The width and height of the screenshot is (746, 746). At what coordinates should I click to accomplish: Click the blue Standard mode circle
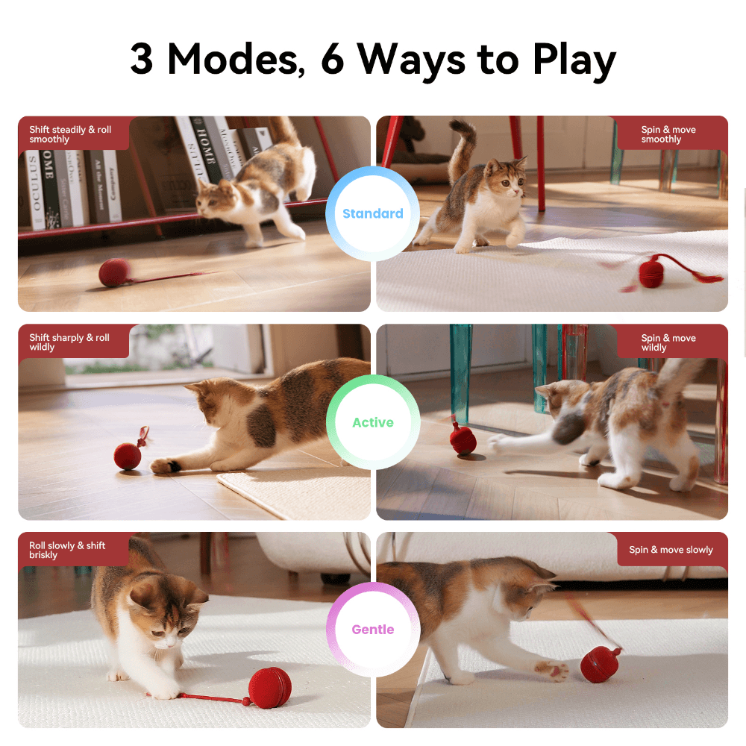(372, 213)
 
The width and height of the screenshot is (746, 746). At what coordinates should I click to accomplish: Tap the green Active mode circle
(373, 422)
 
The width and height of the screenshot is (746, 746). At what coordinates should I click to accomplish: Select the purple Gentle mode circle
(373, 630)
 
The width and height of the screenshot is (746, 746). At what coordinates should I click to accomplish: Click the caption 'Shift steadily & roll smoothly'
(70, 134)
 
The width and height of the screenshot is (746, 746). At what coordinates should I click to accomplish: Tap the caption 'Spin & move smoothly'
(668, 134)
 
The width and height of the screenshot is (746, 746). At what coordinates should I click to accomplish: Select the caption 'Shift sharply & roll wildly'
(69, 342)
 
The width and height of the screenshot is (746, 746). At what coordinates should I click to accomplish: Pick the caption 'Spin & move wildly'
(668, 342)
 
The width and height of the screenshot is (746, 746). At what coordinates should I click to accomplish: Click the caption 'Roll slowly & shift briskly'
(67, 550)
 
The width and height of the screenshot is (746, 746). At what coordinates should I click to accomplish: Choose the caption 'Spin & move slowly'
(671, 550)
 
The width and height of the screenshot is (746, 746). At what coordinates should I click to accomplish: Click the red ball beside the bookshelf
(115, 272)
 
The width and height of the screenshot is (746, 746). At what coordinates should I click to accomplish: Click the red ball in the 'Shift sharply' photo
(128, 457)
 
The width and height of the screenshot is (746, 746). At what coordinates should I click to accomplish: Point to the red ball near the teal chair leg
(463, 439)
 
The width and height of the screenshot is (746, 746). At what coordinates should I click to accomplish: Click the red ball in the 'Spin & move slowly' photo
(600, 664)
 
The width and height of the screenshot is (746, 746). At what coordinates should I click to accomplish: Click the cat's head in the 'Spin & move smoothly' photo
(507, 178)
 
